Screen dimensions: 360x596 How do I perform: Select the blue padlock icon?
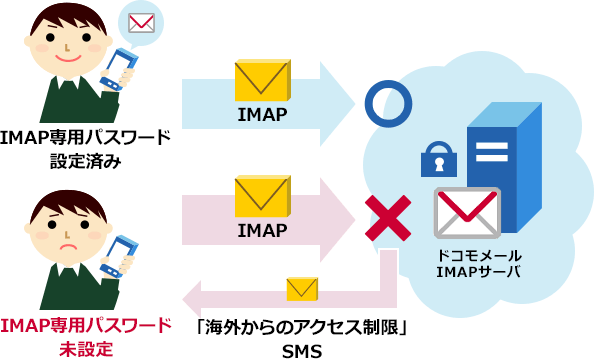click(x=437, y=158)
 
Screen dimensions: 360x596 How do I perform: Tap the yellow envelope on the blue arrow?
click(x=262, y=81)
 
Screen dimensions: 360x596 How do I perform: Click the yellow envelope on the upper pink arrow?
click(x=262, y=196)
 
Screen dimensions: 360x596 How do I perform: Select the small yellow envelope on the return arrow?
click(x=301, y=290)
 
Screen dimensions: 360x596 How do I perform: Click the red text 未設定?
click(x=85, y=348)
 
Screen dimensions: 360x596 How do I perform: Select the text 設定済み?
click(x=85, y=159)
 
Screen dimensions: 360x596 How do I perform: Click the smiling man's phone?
click(x=118, y=69)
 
